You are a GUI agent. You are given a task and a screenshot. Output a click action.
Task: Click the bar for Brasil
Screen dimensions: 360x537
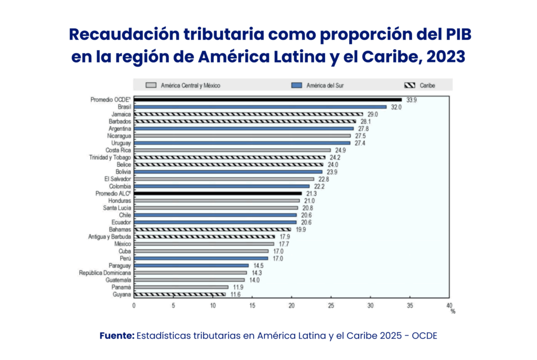coord(260,107)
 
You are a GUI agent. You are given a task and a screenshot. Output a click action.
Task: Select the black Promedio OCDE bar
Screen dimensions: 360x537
coord(267,100)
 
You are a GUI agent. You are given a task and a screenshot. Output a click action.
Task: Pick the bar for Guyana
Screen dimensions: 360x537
coord(179,294)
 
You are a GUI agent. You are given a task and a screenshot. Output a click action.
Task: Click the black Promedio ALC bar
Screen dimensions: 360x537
coord(218,193)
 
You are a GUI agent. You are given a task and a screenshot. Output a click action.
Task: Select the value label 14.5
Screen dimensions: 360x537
coord(258,266)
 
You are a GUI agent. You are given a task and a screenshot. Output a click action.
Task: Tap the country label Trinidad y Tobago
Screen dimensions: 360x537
coord(111,157)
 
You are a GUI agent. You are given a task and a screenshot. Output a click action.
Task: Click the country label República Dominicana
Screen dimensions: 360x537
coord(105,272)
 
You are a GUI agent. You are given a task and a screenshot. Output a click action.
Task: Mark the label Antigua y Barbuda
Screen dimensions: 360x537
coord(110,236)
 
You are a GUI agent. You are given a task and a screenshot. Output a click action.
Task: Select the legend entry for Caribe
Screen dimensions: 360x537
coord(427,85)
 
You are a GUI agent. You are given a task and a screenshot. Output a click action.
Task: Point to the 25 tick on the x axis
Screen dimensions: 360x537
coord(331,306)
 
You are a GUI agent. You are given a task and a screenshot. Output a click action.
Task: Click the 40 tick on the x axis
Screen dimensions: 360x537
coord(448,306)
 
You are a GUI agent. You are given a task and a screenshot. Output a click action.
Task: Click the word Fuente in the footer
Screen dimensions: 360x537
coord(116,335)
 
